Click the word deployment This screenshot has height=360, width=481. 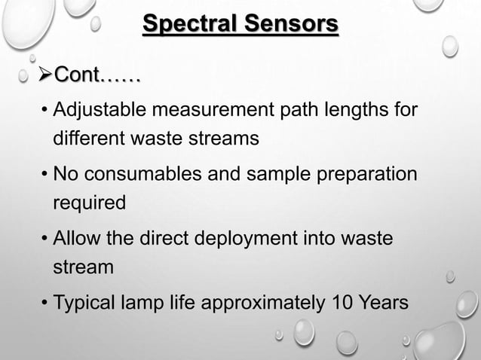click(234, 239)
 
